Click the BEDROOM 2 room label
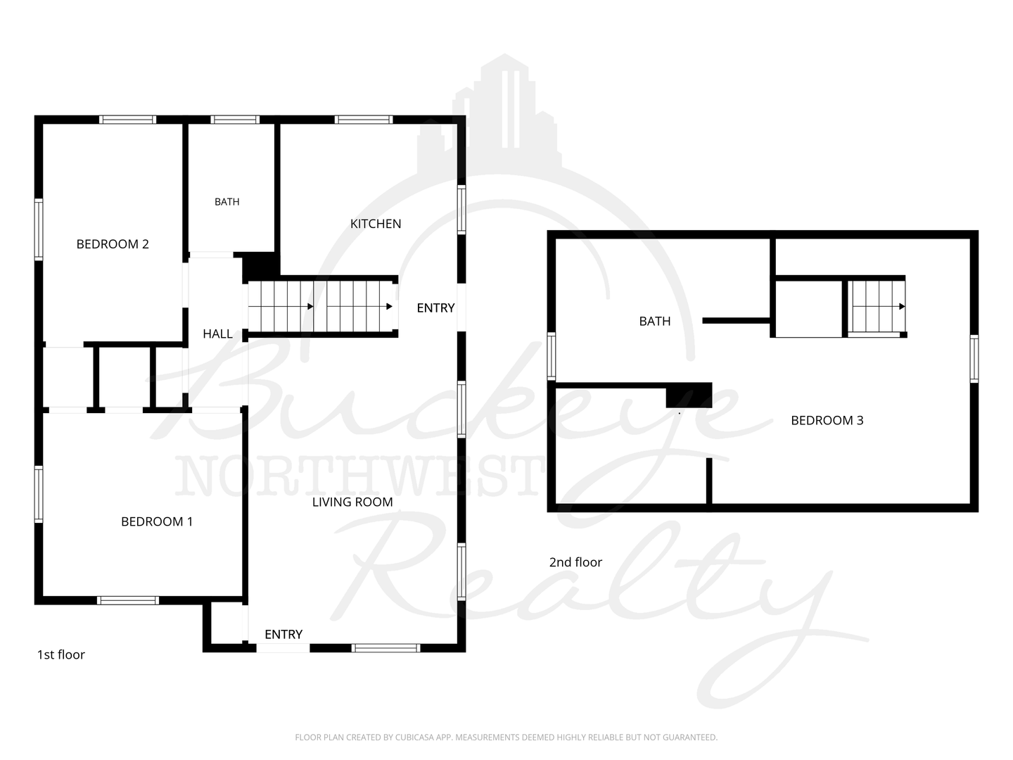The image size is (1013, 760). point(113,244)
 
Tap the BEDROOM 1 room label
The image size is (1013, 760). point(156,522)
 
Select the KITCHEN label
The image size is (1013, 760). point(375,224)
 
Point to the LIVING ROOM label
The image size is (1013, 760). point(352,502)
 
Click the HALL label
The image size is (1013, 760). point(217,334)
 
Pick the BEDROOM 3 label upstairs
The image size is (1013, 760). point(827,420)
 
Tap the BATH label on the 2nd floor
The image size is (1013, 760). point(654,321)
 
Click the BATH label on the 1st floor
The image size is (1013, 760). point(227,202)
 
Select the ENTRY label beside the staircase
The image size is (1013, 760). point(435,308)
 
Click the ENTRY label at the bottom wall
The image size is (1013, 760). point(283,635)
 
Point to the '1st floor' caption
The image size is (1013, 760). point(61,654)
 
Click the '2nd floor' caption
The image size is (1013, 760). point(575,562)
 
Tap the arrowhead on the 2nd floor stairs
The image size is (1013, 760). point(902,306)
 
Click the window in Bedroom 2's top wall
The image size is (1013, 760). point(128,120)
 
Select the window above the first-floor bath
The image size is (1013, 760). point(235,120)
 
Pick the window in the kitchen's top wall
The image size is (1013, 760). point(364,120)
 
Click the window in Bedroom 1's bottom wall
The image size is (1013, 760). point(128,600)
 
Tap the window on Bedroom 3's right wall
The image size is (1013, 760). point(974,359)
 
